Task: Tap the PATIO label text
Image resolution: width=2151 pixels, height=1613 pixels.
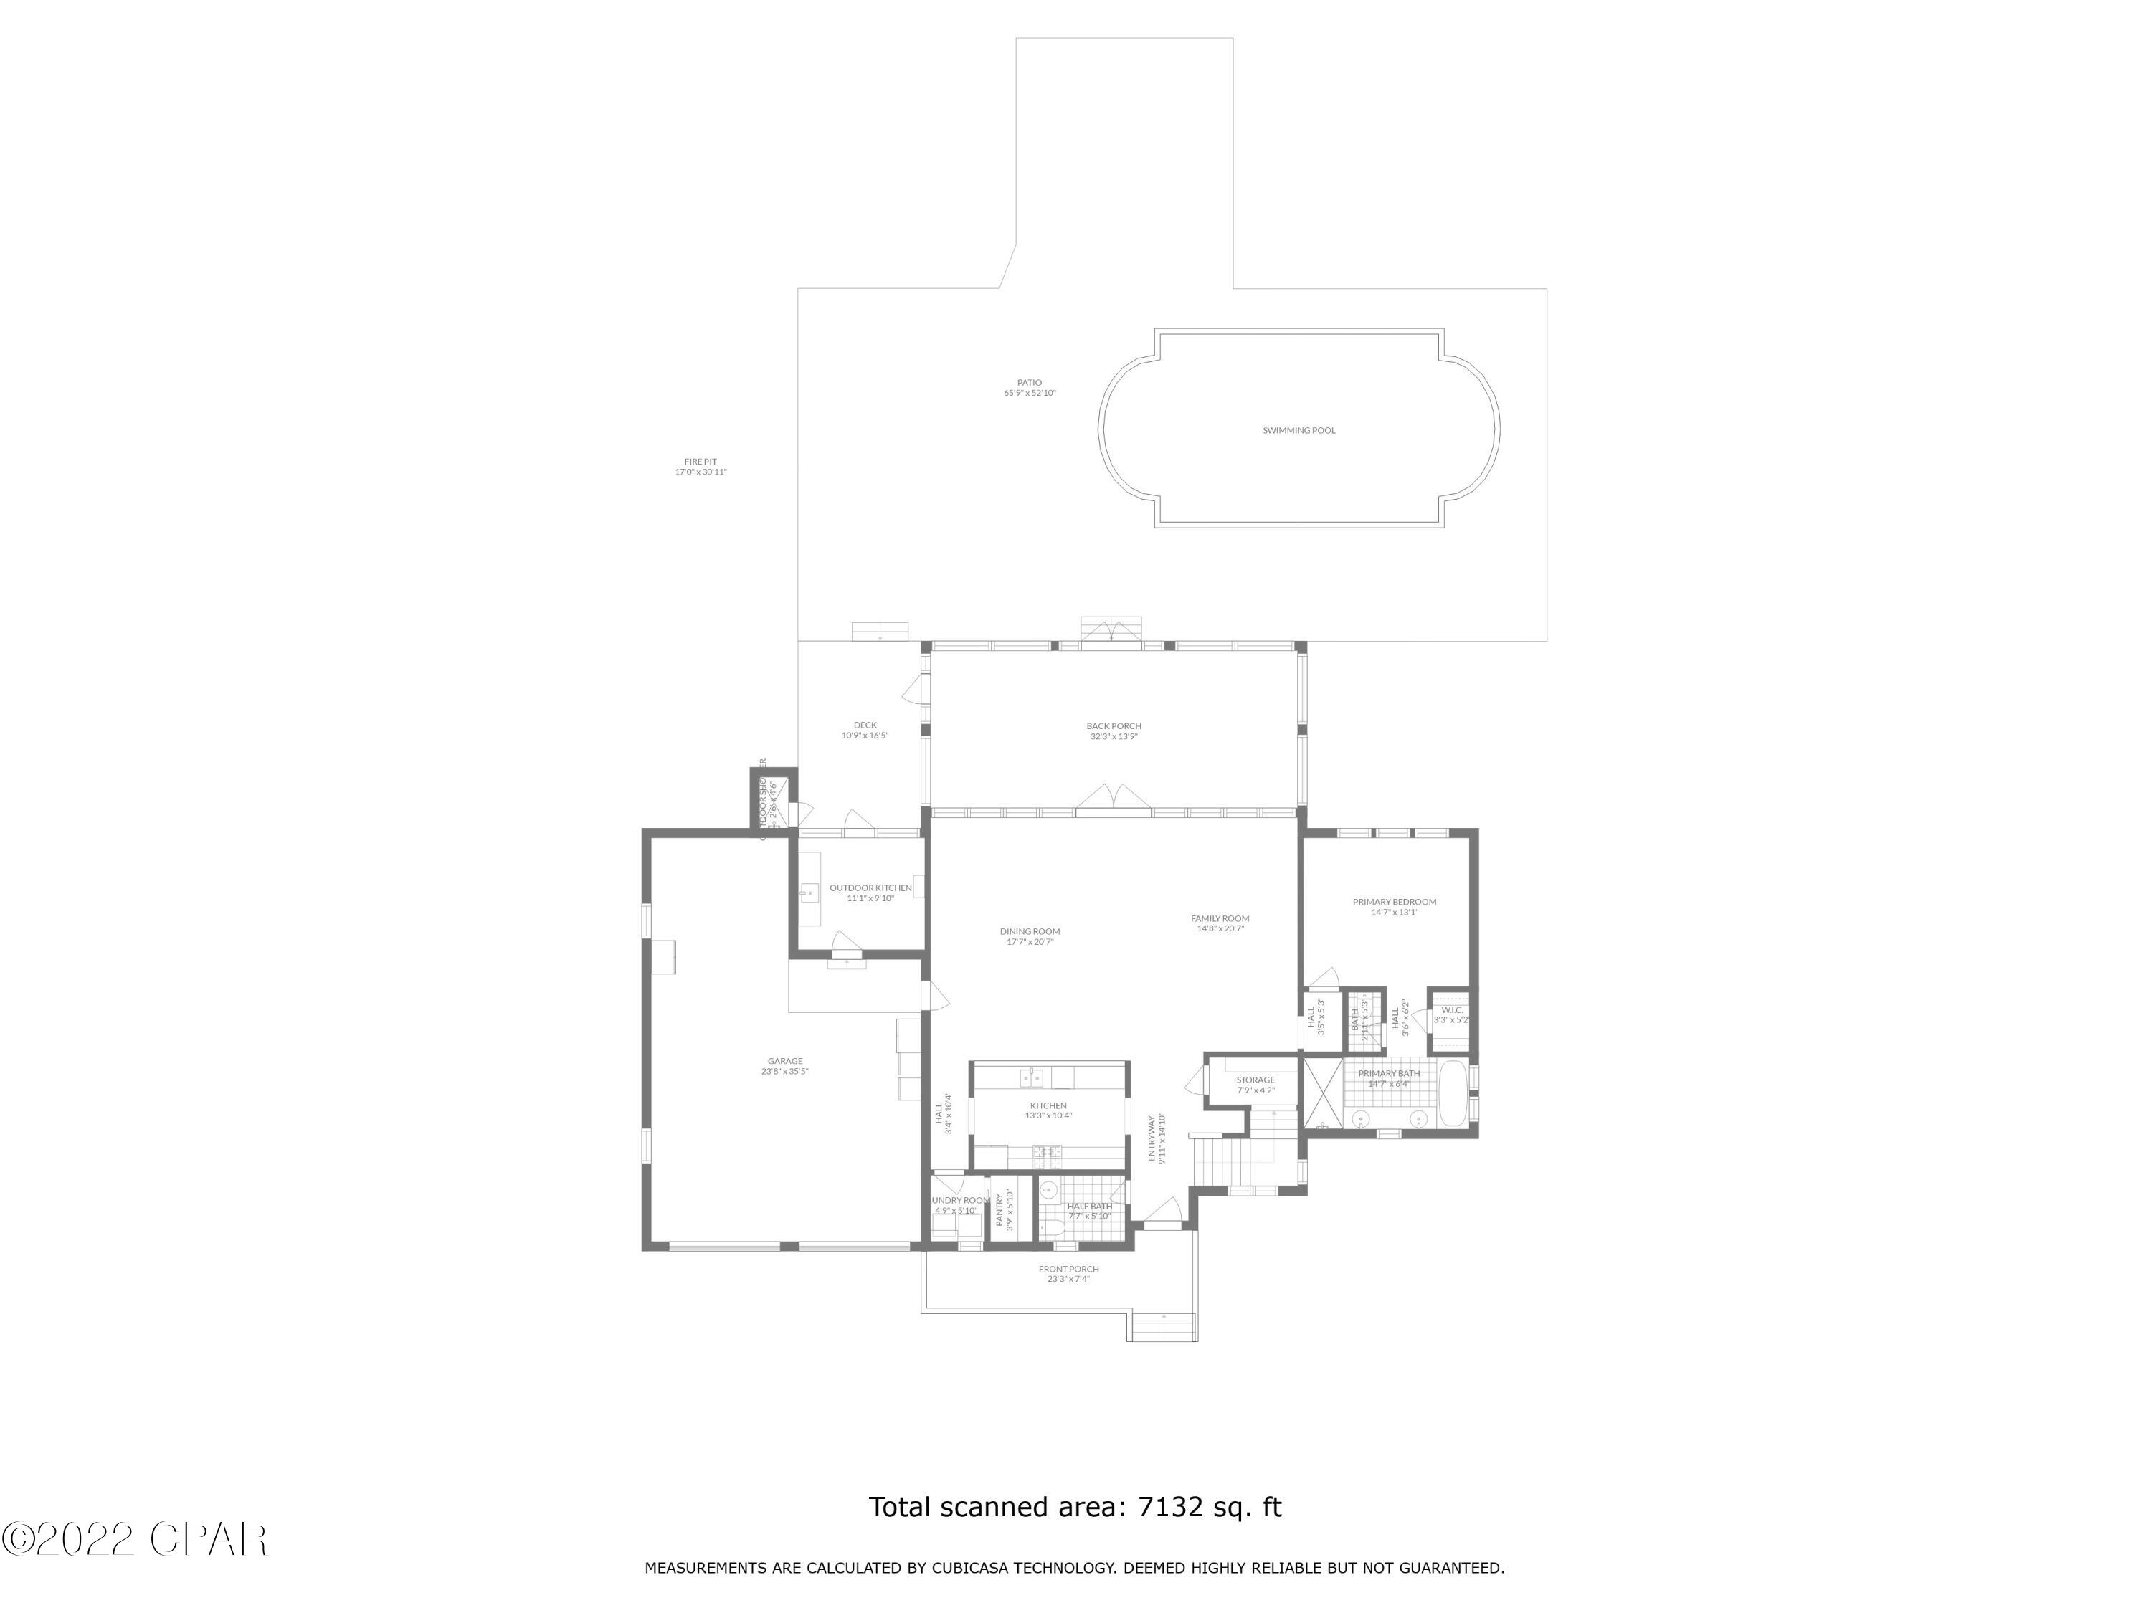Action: (1029, 383)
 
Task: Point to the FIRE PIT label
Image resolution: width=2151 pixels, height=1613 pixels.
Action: (700, 462)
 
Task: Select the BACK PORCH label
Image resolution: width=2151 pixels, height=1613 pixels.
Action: (1114, 726)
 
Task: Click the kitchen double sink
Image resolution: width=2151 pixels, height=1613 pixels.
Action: (1031, 1077)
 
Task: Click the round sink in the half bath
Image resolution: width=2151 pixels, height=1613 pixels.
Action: (1049, 1189)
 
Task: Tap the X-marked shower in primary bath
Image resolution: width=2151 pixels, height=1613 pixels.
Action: (1321, 1093)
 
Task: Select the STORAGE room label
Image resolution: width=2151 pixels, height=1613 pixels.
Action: (1255, 1080)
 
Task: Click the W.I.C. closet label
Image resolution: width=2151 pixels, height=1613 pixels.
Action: (1452, 1009)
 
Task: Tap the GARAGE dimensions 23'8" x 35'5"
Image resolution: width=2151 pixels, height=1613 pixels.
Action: (784, 1072)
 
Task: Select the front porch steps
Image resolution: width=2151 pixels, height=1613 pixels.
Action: (1164, 1327)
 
